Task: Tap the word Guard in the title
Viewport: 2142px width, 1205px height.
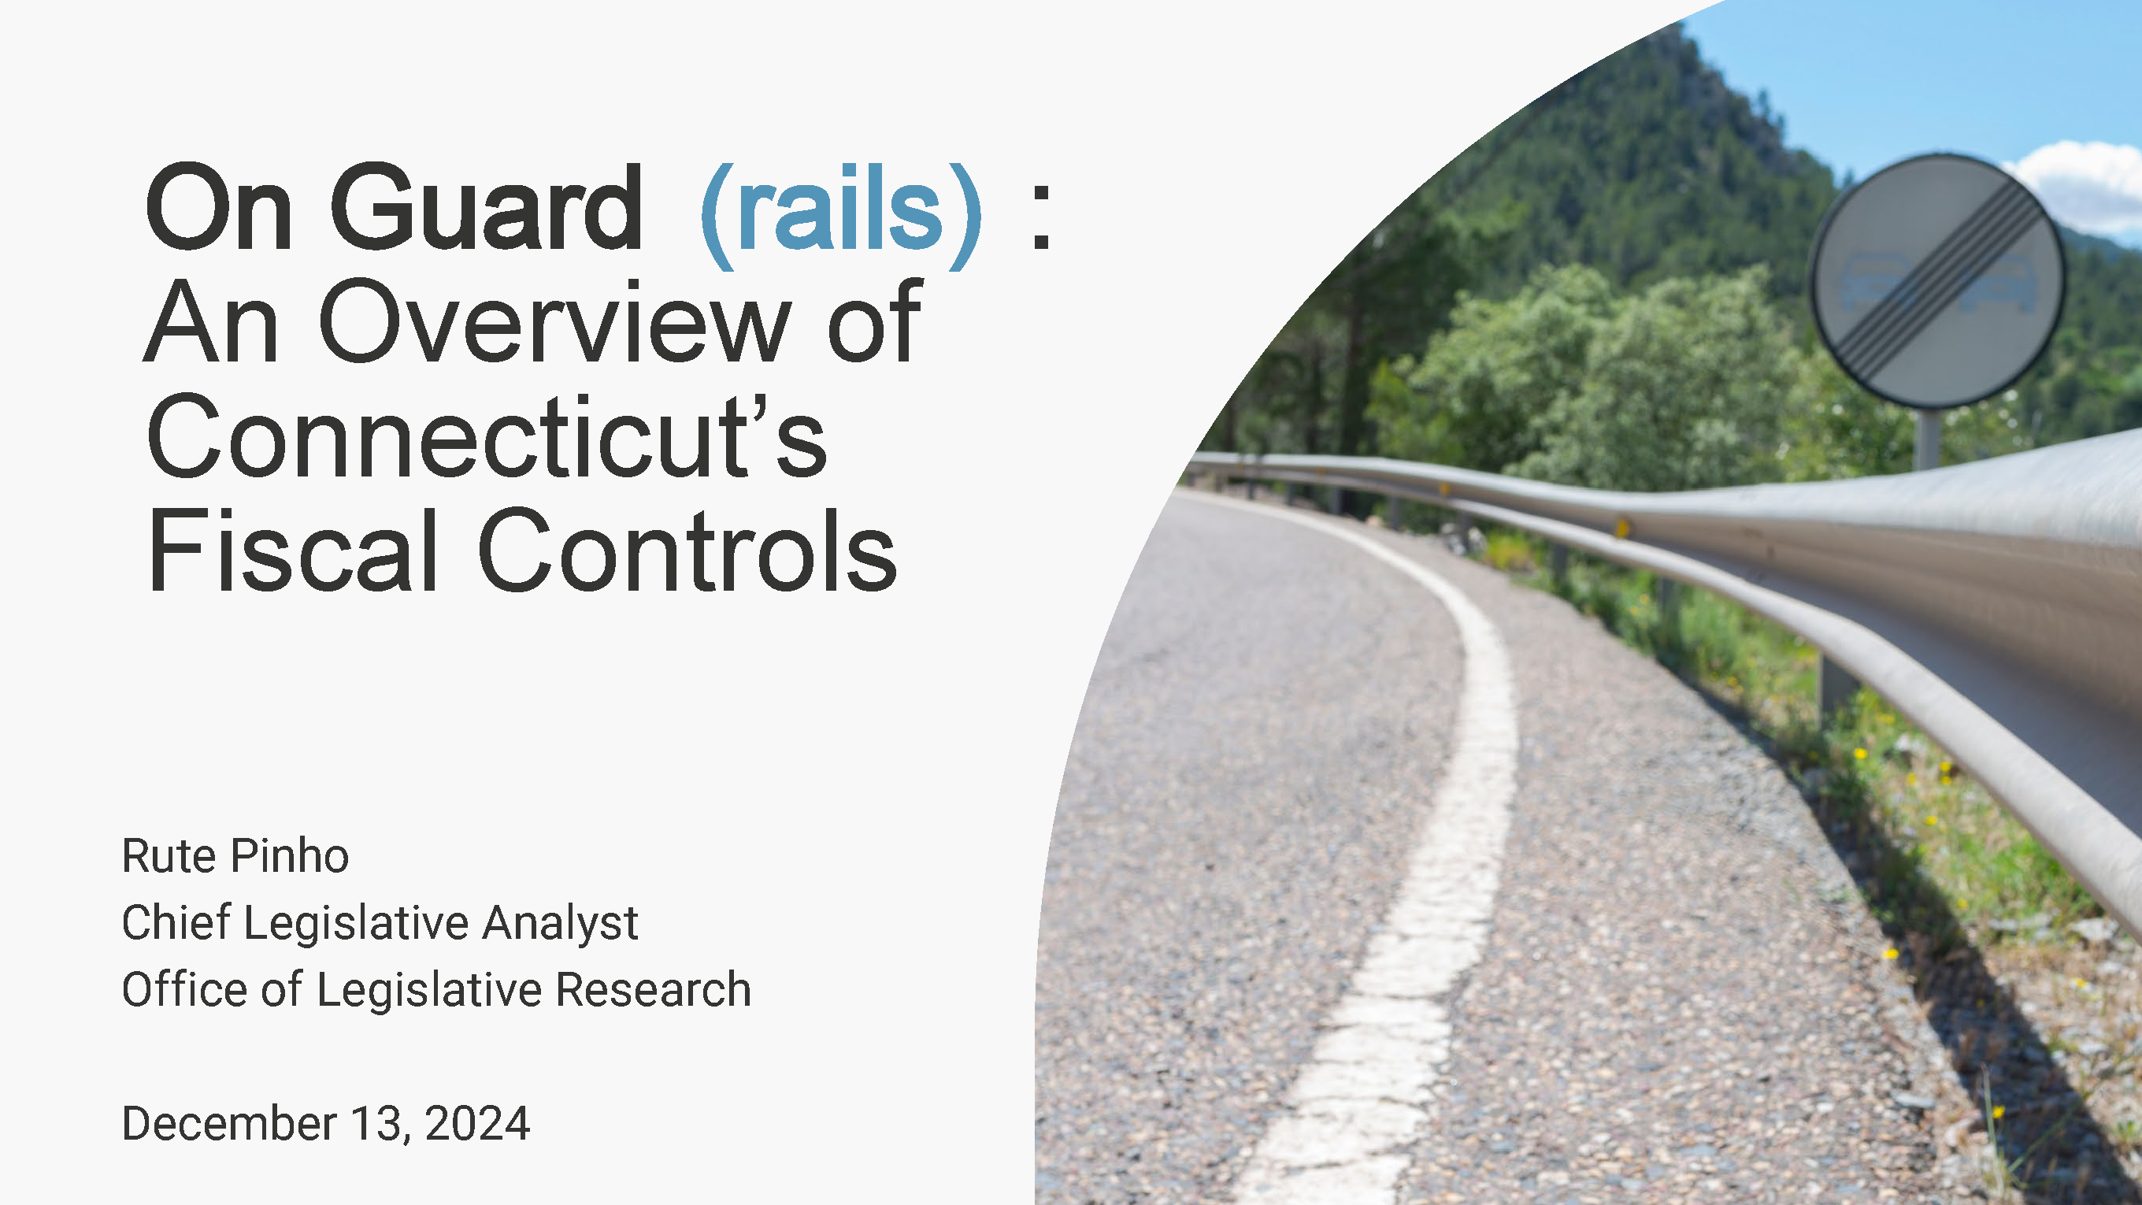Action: coord(487,207)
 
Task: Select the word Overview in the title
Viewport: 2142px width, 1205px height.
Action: coord(554,322)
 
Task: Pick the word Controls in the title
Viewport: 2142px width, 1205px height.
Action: coord(687,551)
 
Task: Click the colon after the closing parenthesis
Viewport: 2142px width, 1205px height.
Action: coord(1041,218)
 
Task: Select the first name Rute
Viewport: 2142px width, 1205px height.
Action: coord(169,856)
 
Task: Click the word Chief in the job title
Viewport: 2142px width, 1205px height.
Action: coord(176,922)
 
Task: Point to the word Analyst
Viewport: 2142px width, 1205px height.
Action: coord(561,924)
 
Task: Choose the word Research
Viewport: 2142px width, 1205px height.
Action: coord(654,990)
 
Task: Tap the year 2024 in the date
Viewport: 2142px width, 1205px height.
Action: coord(477,1124)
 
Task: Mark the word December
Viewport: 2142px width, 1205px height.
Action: coord(229,1124)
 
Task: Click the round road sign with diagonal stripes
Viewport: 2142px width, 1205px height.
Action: coord(1936,280)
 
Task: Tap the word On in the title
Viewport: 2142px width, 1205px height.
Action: coord(219,207)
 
